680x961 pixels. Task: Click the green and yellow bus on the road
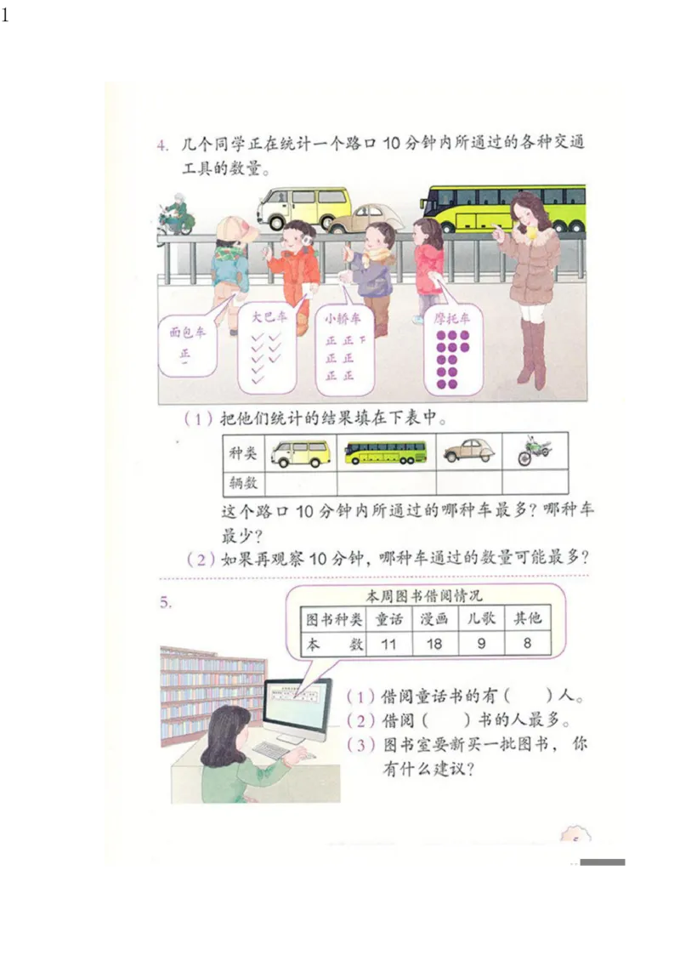[x=501, y=208]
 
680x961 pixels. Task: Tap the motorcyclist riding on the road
[x=177, y=213]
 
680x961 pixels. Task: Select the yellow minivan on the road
[x=303, y=207]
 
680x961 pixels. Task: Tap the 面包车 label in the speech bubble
[x=186, y=333]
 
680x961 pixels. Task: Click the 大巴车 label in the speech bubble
[x=268, y=318]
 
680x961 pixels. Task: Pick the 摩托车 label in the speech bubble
[x=452, y=318]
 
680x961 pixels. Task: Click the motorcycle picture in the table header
[x=535, y=451]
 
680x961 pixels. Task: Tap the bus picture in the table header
[x=386, y=452]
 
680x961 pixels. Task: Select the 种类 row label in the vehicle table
[x=243, y=453]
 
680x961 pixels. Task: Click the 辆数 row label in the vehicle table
[x=243, y=483]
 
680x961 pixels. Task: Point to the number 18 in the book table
[x=434, y=644]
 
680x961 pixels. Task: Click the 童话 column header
[x=388, y=619]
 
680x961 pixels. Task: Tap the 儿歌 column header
[x=481, y=619]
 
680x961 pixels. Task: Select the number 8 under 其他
[x=527, y=644]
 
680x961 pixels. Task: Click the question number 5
[x=166, y=603]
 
